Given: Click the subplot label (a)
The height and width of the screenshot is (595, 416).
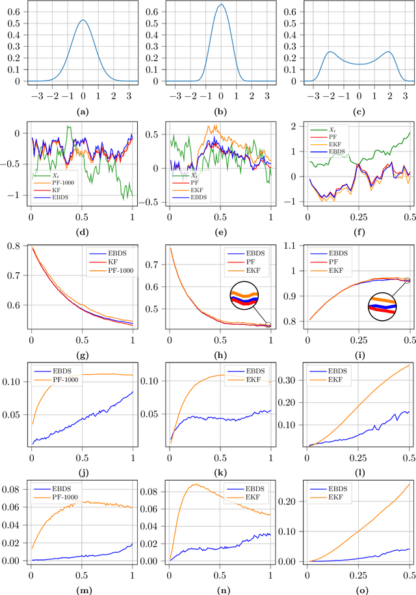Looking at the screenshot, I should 83,112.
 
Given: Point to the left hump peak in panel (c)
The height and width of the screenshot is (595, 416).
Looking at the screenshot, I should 331,52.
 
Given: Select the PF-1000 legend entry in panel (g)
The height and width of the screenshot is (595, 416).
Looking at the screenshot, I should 107,271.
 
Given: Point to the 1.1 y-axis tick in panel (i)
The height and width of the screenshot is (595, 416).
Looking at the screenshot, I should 295,246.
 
